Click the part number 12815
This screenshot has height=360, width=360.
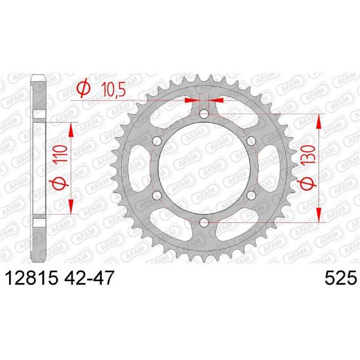point(33,278)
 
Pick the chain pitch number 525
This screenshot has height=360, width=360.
point(339,278)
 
